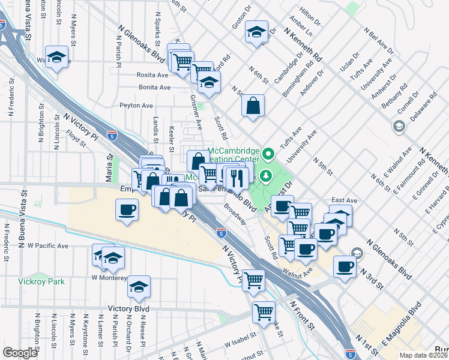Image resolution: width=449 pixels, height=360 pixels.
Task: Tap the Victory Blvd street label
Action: pyautogui.click(x=128, y=308)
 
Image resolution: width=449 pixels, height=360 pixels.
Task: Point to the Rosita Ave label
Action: pyautogui.click(x=154, y=76)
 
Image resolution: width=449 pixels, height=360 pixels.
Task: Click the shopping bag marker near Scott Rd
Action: pyautogui.click(x=253, y=106)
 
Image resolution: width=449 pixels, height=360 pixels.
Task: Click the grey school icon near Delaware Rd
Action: pyautogui.click(x=398, y=126)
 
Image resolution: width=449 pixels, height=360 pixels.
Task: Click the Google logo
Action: pyautogui.click(x=20, y=353)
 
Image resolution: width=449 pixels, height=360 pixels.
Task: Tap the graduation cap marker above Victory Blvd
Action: pyautogui.click(x=139, y=287)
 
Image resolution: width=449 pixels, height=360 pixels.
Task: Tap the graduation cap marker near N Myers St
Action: pyautogui.click(x=58, y=58)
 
